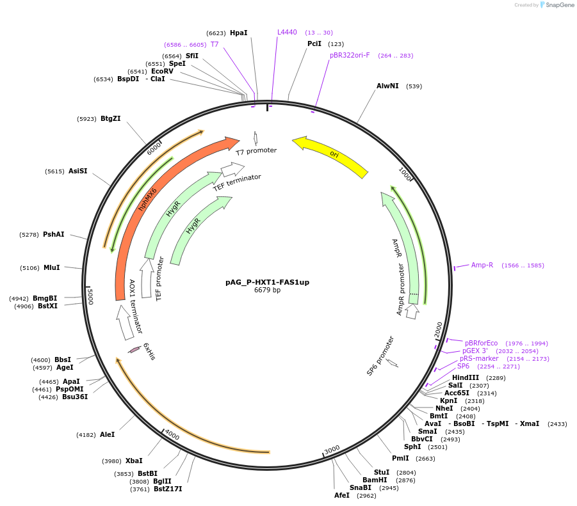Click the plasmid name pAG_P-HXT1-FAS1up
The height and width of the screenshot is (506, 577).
267,282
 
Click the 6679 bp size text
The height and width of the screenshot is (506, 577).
267,290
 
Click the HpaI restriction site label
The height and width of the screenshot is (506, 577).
238,33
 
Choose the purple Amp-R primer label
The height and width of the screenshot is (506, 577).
482,265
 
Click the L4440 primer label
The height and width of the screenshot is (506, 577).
287,32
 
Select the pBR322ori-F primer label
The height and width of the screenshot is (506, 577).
350,55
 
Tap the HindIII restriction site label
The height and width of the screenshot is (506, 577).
466,377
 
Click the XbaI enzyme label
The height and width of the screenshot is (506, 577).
134,461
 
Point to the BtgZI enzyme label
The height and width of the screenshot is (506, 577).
110,118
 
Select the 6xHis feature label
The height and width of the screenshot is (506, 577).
149,351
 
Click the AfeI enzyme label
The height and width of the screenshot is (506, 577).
342,495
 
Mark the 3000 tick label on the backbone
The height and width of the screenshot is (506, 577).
332,450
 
